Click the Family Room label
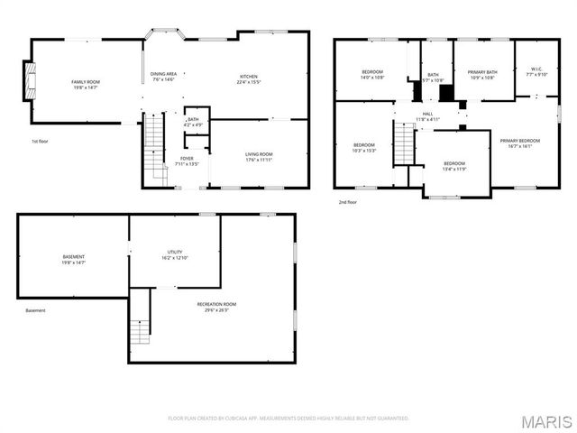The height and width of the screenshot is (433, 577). pos(86,85)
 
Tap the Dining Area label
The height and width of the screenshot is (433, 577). pos(162,77)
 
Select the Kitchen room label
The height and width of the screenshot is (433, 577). pos(249,78)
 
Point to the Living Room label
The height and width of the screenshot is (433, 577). pos(259,157)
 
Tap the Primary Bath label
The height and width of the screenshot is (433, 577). pos(482,75)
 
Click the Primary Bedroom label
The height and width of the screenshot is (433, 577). pos(520,143)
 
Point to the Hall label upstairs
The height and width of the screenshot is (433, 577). pos(428,115)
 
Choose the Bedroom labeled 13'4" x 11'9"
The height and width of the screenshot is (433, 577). pos(454,166)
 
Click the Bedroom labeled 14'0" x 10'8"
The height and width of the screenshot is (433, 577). pos(373,75)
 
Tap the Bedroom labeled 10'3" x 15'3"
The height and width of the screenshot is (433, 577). pos(363,148)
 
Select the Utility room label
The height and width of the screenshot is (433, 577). pos(175,254)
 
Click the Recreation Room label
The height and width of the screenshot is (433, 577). pos(216,307)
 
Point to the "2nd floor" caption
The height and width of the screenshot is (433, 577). pos(349,201)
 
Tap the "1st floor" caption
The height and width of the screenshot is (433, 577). pos(41,142)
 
